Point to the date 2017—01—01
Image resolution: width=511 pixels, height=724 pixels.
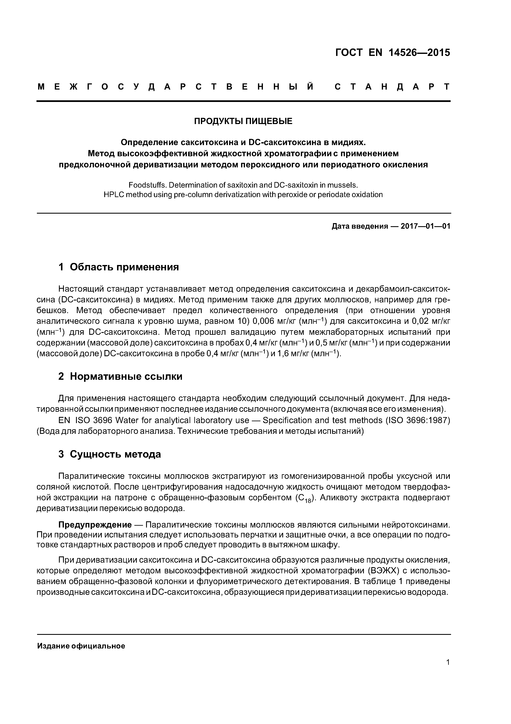[x=425, y=226]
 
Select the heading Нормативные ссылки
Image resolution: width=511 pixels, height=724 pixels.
[x=126, y=376]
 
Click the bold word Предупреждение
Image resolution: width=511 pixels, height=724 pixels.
[x=95, y=525]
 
